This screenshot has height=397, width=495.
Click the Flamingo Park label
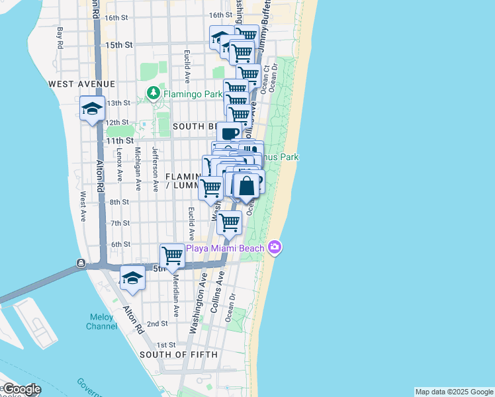pos(193,94)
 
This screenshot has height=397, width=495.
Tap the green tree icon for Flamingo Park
pos(154,93)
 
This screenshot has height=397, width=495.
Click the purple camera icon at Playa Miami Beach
pos(275,248)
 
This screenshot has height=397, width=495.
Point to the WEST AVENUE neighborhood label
pos(81,84)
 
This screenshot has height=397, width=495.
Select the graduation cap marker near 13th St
pos(91,109)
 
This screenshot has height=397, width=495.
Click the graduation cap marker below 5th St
pos(132,278)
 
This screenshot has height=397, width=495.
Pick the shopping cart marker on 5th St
pos(172,255)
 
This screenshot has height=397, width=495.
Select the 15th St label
pos(120,45)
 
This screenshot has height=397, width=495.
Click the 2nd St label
pos(157,324)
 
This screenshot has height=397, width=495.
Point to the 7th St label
pos(120,223)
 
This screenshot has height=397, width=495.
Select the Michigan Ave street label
pos(138,165)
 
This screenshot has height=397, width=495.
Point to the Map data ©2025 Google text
pos(454,392)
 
